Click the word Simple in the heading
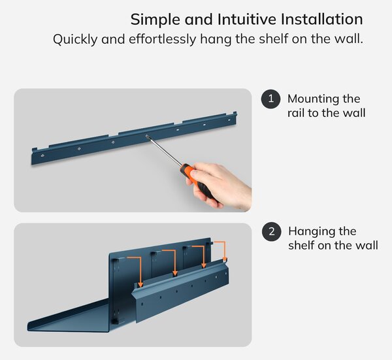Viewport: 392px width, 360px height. coord(155,20)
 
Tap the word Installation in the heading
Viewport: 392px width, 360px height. coord(321,19)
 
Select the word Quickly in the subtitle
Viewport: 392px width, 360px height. coord(75,39)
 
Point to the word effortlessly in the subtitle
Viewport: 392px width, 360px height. coord(163,39)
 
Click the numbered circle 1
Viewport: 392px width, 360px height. coord(270,99)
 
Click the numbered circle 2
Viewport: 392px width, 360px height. coord(272,231)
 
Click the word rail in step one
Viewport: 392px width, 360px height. coord(296,113)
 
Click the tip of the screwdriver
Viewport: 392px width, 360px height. coord(146,135)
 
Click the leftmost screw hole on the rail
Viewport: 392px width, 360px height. coord(42,155)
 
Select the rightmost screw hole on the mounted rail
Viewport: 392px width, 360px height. coord(229,120)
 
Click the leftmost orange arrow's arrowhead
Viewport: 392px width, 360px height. coord(140,284)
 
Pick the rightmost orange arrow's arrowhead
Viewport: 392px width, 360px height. coord(225,259)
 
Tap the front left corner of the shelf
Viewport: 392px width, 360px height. coord(28,327)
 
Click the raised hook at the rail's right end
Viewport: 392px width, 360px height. coord(235,114)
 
